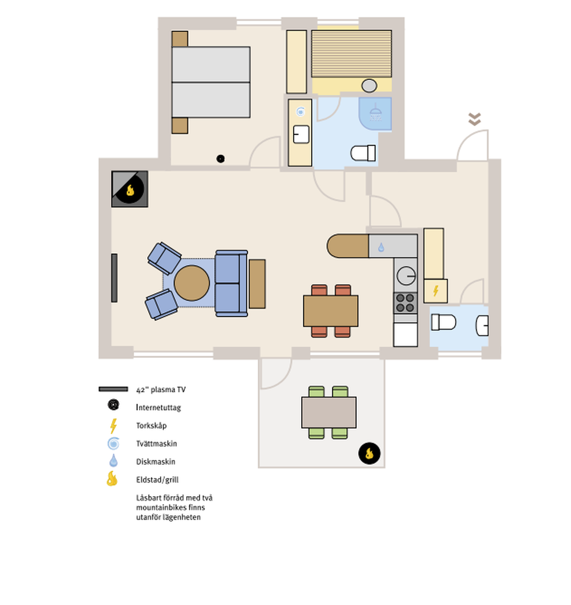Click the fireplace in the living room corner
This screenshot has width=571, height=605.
[129, 189]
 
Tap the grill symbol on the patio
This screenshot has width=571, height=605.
[369, 453]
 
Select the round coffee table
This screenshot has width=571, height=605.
[192, 283]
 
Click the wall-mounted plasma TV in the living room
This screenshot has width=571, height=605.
[114, 278]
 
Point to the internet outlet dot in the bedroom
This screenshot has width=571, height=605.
[220, 159]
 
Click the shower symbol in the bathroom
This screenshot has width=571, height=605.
[375, 113]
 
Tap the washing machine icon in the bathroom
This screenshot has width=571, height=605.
[301, 112]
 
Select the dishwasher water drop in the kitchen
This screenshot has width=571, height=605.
[381, 247]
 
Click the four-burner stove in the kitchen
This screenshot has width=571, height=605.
[405, 303]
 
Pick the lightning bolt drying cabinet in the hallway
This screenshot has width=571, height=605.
[435, 291]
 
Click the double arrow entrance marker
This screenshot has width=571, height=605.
[475, 119]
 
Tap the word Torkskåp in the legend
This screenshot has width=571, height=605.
[151, 426]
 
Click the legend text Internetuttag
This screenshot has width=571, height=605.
[158, 407]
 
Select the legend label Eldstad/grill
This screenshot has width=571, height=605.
[157, 480]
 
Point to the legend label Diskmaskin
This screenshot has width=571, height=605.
[156, 462]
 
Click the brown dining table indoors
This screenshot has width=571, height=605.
[331, 311]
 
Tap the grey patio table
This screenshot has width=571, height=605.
[329, 412]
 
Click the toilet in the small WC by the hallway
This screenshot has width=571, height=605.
[443, 322]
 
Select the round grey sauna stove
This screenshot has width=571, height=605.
[369, 85]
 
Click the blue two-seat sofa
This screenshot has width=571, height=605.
[231, 283]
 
